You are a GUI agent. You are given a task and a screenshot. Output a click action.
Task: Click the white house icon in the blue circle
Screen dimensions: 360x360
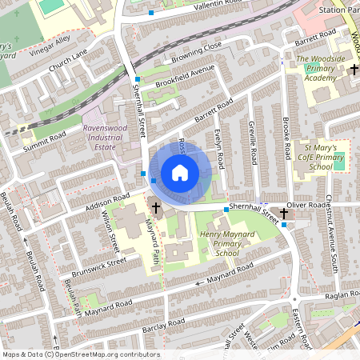pyautogui.click(x=180, y=172)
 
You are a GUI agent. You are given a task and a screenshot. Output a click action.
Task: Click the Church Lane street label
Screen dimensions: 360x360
pyautogui.click(x=68, y=62)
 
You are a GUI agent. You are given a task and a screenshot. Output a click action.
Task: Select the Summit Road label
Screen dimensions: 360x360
pyautogui.click(x=45, y=141)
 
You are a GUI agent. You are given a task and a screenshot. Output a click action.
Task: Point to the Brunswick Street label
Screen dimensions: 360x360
pyautogui.click(x=95, y=266)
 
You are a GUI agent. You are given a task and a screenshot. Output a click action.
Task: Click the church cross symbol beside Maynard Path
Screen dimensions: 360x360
pyautogui.click(x=155, y=210)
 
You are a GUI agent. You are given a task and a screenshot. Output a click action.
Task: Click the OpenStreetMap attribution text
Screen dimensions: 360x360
pyautogui.click(x=80, y=354)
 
